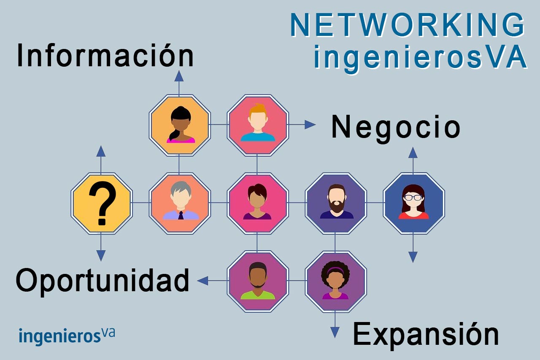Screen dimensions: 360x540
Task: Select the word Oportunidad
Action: tap(103, 281)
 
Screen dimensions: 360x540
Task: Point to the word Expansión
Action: tap(425, 334)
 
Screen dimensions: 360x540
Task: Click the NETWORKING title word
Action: tap(408, 25)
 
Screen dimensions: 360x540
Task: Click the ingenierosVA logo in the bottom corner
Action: tap(67, 336)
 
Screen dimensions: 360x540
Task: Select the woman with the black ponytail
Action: tap(180, 125)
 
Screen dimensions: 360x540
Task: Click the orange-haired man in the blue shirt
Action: tap(257, 123)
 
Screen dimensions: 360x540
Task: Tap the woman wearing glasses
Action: tap(413, 202)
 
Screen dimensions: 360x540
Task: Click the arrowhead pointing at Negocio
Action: tap(310, 125)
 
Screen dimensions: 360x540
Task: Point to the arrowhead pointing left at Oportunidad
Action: tap(202, 281)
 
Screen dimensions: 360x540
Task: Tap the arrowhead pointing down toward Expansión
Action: tap(335, 332)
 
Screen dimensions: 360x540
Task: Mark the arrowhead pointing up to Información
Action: tap(179, 76)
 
